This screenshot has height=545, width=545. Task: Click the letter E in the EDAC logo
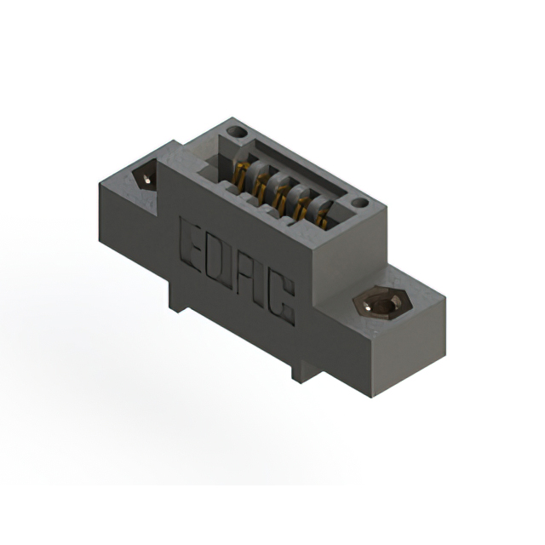tap(191, 245)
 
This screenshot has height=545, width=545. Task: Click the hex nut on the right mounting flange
tap(382, 302)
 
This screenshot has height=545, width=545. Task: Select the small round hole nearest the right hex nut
tap(360, 203)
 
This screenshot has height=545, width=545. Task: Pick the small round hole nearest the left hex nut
tap(237, 132)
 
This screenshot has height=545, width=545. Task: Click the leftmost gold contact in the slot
tap(240, 177)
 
